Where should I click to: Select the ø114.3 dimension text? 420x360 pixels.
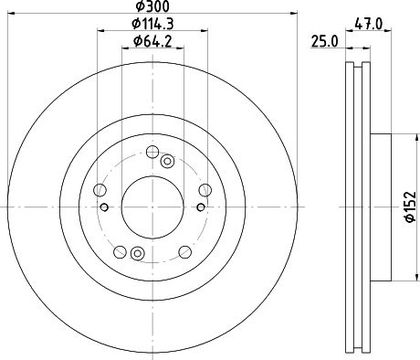pyautogui.click(x=153, y=24)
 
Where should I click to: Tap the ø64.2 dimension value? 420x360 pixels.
pyautogui.click(x=152, y=41)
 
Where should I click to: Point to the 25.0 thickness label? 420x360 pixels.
pyautogui.click(x=324, y=42)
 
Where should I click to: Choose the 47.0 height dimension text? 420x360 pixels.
pyautogui.click(x=368, y=24)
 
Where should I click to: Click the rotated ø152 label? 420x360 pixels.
pyautogui.click(x=410, y=207)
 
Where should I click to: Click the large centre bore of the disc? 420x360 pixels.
pyautogui.click(x=152, y=207)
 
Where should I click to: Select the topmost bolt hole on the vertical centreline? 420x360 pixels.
pyautogui.click(x=152, y=152)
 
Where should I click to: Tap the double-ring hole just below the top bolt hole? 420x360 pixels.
pyautogui.click(x=167, y=162)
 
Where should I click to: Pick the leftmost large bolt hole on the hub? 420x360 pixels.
pyautogui.click(x=100, y=190)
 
